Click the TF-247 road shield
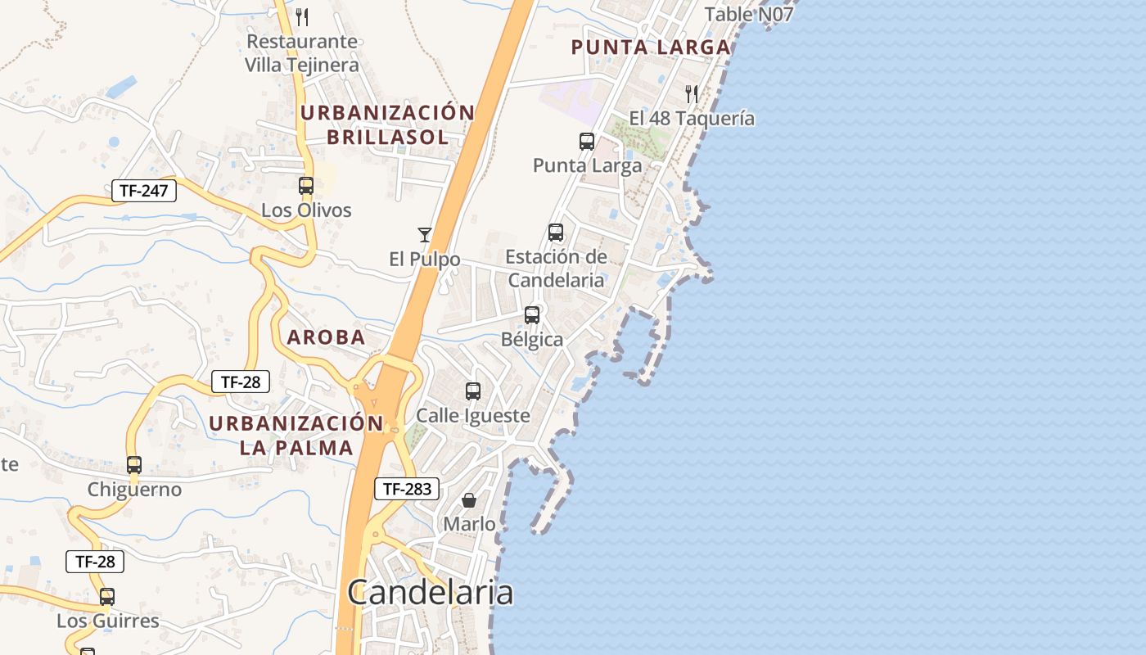point(144,192)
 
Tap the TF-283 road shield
point(407,490)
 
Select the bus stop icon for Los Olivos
point(306,186)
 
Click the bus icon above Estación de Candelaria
point(556,233)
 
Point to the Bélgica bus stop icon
point(532,314)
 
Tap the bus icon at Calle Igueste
point(473,391)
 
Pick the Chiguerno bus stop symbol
point(134,465)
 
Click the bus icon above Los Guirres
point(107,596)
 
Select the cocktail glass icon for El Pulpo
point(424,235)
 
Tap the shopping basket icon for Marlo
point(469,499)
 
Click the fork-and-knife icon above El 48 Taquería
point(692,94)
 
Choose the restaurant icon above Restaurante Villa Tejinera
point(302,16)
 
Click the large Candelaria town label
point(431,592)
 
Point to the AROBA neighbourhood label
point(326,337)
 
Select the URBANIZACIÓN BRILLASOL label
point(387,124)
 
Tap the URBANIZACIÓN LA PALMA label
point(296,436)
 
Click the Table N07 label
point(748,14)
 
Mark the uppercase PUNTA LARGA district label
point(651,47)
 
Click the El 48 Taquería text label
point(692,119)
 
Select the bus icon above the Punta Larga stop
point(587,142)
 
